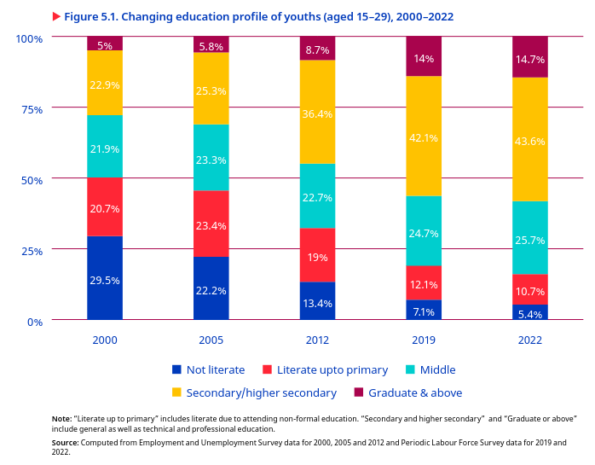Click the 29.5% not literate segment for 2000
click(x=105, y=278)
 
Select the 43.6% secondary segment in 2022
click(x=530, y=140)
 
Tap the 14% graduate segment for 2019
click(x=424, y=57)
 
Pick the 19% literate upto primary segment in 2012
click(x=317, y=256)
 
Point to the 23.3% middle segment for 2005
click(x=211, y=158)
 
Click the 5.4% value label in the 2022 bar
click(x=530, y=315)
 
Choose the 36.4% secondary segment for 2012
click(x=317, y=113)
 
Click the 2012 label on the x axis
click(x=317, y=340)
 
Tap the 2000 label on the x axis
click(x=105, y=340)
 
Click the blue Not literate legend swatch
click(x=177, y=370)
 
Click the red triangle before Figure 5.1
click(x=56, y=17)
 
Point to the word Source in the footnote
click(x=65, y=442)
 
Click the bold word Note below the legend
click(x=61, y=418)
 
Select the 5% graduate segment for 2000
click(x=105, y=44)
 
